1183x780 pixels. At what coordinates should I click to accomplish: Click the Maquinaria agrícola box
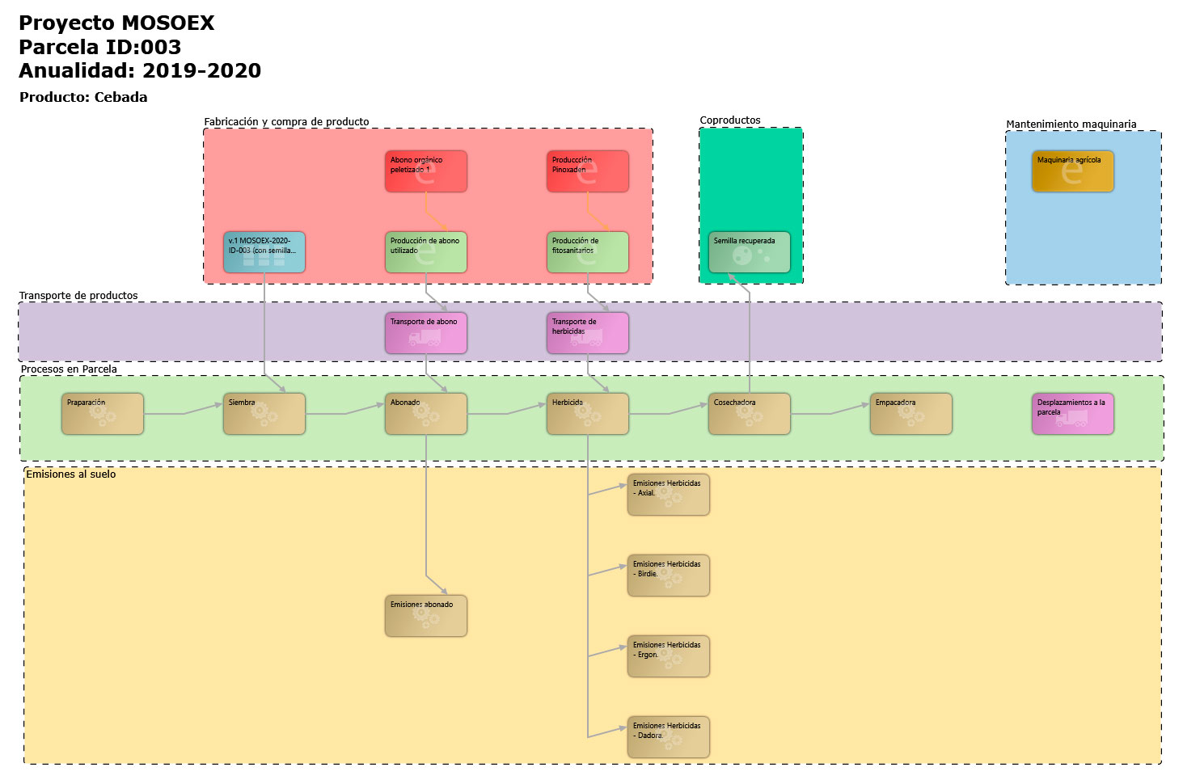click(1072, 171)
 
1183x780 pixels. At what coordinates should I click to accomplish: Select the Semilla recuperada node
click(749, 252)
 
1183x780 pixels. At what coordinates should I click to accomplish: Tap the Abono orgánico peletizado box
click(425, 171)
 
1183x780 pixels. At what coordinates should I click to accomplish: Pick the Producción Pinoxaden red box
click(587, 171)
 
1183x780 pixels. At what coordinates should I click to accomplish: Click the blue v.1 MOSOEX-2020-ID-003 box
click(264, 252)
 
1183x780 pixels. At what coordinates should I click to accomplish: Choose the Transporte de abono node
click(425, 333)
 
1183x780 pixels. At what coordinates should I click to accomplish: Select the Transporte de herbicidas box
click(587, 333)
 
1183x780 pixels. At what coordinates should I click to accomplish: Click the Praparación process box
click(102, 414)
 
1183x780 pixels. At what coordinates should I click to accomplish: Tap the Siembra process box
click(264, 414)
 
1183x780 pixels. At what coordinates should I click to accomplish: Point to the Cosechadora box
click(749, 414)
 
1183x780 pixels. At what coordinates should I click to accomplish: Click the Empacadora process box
click(910, 414)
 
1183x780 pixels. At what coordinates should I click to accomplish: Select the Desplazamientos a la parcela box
click(1072, 414)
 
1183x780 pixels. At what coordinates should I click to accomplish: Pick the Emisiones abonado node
click(425, 616)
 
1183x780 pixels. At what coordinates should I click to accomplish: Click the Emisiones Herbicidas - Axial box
click(668, 495)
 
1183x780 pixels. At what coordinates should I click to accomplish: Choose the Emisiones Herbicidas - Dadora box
click(668, 737)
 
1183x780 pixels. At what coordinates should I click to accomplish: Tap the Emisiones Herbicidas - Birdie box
click(668, 576)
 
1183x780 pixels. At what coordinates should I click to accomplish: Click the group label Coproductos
click(729, 120)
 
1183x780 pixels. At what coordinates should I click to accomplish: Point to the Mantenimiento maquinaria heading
click(1071, 124)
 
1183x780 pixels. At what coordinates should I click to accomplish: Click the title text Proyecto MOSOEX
click(116, 23)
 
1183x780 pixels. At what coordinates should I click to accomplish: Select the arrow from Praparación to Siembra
click(184, 414)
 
